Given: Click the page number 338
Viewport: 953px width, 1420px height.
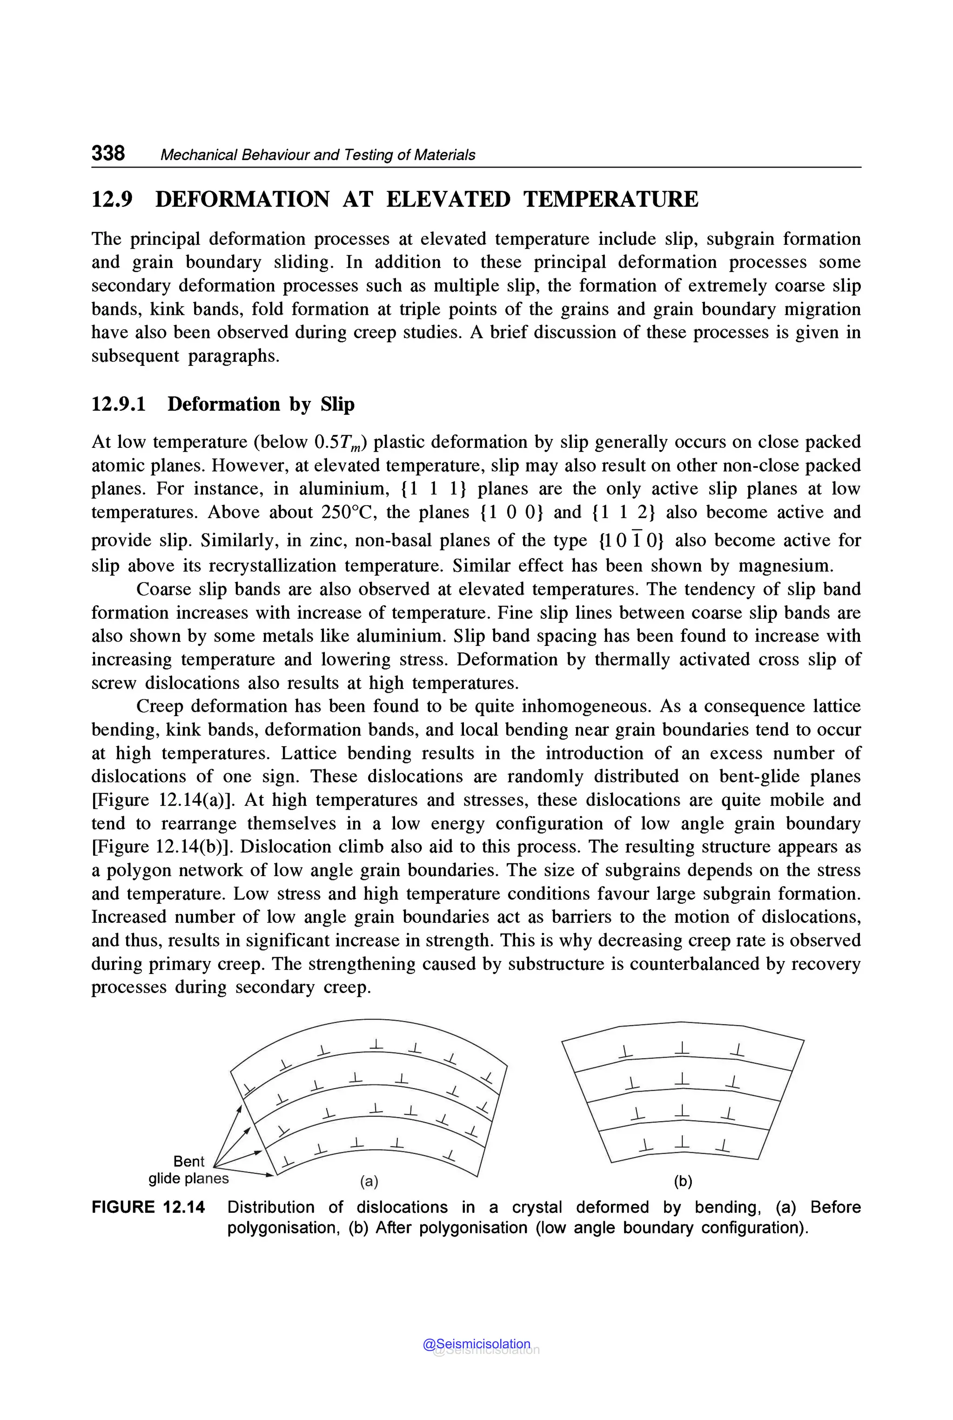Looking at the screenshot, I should click(108, 153).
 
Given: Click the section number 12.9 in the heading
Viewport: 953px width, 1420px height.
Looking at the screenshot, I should click(112, 199).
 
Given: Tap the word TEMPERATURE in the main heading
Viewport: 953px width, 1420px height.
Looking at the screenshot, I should click(611, 199).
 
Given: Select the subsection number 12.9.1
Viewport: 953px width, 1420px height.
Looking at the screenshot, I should click(119, 405).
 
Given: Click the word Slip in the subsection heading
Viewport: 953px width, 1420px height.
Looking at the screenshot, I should click(337, 405).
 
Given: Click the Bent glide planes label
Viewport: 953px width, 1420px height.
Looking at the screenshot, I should click(188, 1170).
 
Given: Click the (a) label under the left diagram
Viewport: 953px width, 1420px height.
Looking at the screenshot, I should click(369, 1181).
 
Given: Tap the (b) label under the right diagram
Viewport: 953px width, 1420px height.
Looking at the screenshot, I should click(683, 1181).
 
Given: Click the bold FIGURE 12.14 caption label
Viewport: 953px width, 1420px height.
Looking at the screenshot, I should click(148, 1207).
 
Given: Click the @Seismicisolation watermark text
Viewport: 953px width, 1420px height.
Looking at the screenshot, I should click(477, 1343).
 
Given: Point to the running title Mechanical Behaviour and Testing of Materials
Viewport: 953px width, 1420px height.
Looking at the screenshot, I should click(317, 155).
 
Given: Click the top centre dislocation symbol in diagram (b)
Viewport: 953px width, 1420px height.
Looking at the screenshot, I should click(683, 1047).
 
